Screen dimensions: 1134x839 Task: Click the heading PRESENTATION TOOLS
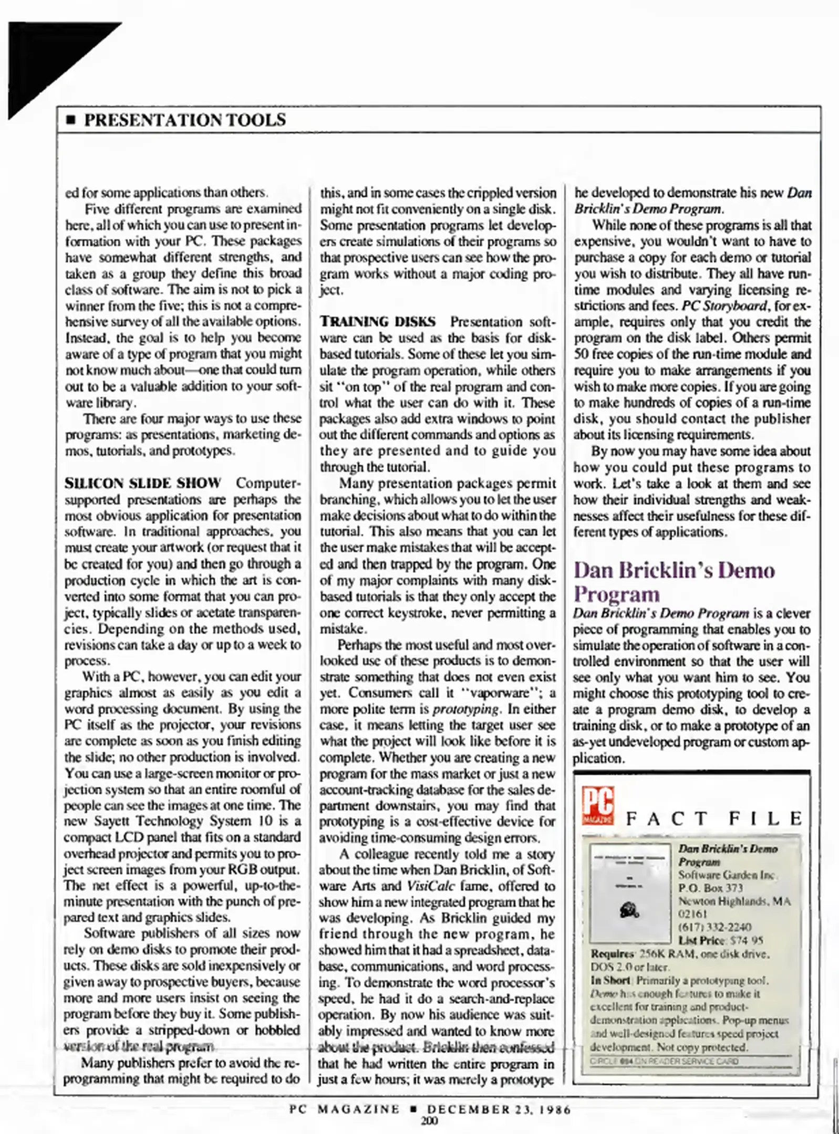tap(185, 120)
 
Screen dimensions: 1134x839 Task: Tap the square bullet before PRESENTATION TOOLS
tap(71, 121)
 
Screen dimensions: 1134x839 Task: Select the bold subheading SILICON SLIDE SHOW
tap(142, 483)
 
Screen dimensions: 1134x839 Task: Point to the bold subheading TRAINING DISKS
tap(378, 321)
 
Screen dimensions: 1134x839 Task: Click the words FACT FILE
tap(714, 819)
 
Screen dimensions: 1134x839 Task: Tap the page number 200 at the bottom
tap(429, 1121)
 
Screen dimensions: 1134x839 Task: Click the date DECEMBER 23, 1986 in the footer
tap(499, 1109)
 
